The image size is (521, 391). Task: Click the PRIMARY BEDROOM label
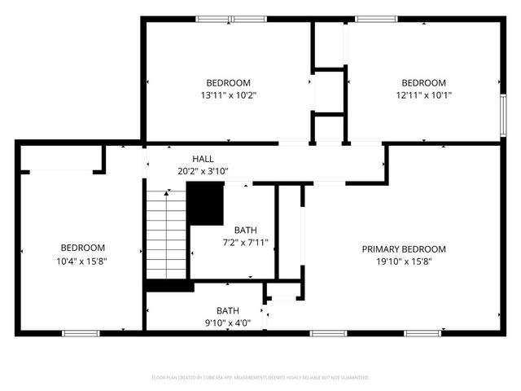click(x=404, y=248)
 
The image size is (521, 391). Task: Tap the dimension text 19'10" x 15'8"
click(x=404, y=261)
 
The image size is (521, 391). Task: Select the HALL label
click(x=203, y=158)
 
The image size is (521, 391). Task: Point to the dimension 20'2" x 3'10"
click(x=203, y=171)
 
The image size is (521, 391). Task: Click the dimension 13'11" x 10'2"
click(x=228, y=95)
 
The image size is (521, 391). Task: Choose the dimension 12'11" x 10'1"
click(x=423, y=95)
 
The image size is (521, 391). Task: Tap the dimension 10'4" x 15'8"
click(x=82, y=261)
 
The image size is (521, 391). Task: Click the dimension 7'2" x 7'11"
click(x=245, y=243)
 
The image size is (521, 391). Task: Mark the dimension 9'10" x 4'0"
click(x=228, y=323)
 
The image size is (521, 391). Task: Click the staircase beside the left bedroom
click(x=167, y=235)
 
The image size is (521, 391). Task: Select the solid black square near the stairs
click(x=205, y=204)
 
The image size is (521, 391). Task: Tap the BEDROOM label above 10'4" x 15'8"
click(x=82, y=248)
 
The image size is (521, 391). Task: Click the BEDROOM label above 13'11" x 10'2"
click(x=228, y=82)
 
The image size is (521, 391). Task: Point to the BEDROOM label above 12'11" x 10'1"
click(x=423, y=82)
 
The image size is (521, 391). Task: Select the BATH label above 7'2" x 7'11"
click(x=245, y=230)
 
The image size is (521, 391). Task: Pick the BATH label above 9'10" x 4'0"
click(x=228, y=310)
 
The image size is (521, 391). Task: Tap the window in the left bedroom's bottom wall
click(x=81, y=332)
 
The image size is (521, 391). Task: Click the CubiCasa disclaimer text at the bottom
click(x=260, y=378)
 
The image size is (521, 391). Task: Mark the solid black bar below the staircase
click(x=169, y=286)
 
